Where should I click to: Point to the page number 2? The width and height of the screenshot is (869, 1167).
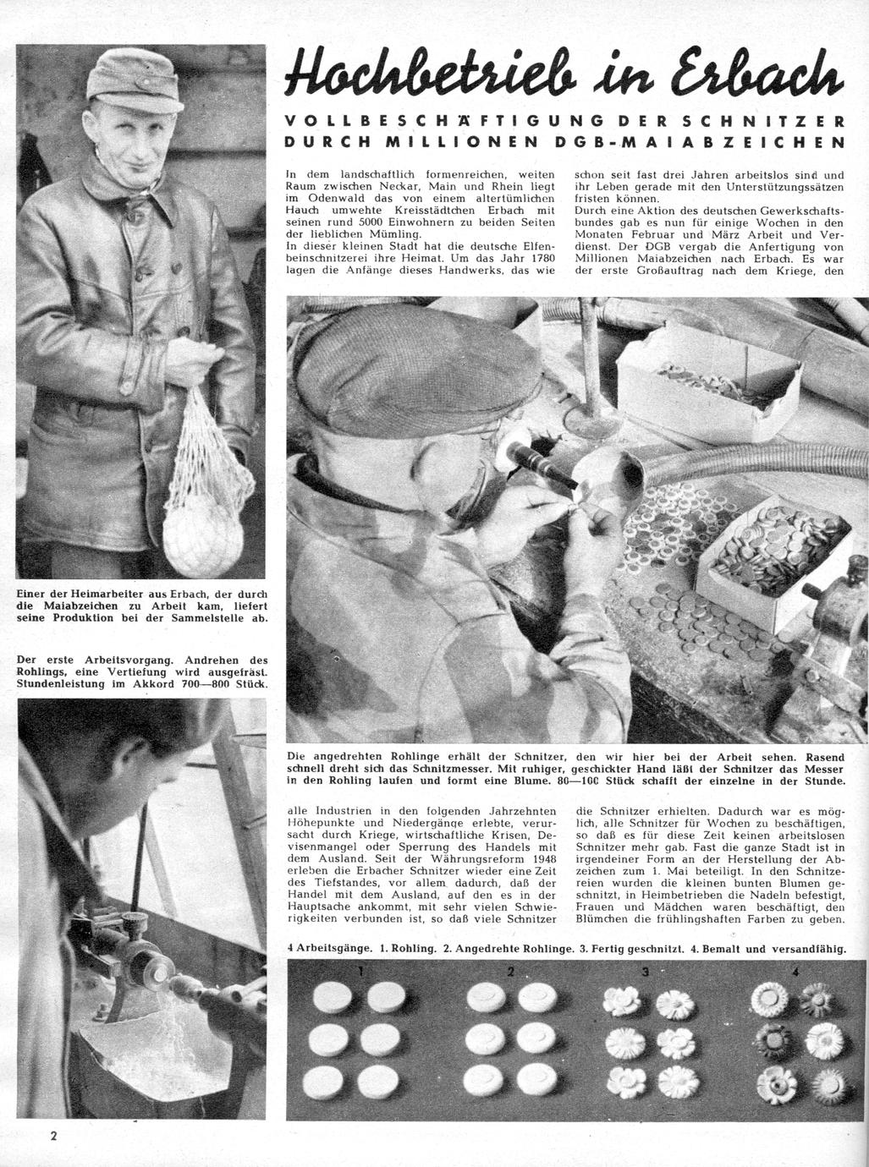pos(52,1136)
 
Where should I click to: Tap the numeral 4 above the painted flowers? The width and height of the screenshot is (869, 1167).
pos(795,972)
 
